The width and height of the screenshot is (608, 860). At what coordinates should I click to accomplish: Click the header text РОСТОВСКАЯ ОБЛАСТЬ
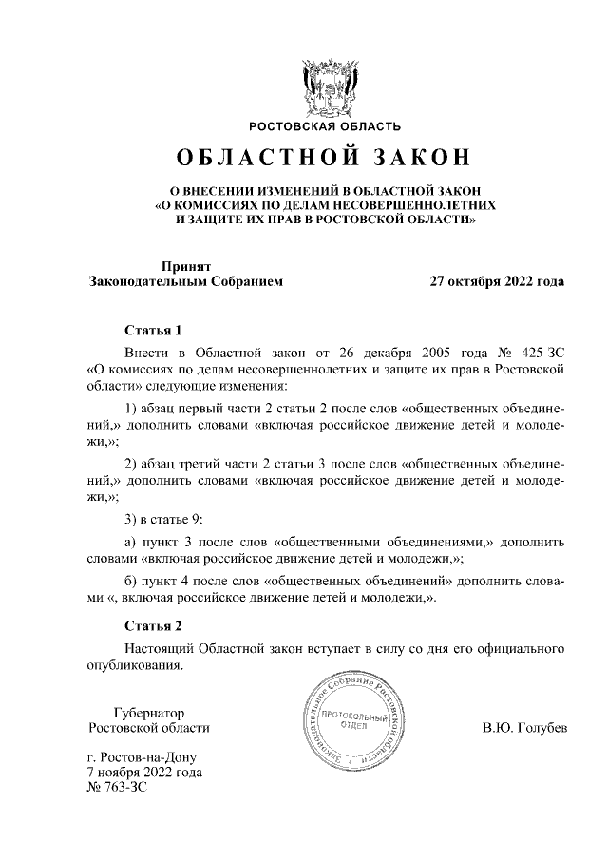325,126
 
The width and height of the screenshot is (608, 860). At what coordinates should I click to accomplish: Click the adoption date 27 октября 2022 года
497,282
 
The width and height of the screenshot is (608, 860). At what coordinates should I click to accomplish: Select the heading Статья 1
153,331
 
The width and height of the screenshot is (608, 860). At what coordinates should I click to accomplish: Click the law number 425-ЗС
541,351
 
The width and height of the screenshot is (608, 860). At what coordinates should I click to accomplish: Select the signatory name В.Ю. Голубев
524,729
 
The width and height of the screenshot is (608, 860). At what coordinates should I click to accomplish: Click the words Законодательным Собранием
185,282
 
